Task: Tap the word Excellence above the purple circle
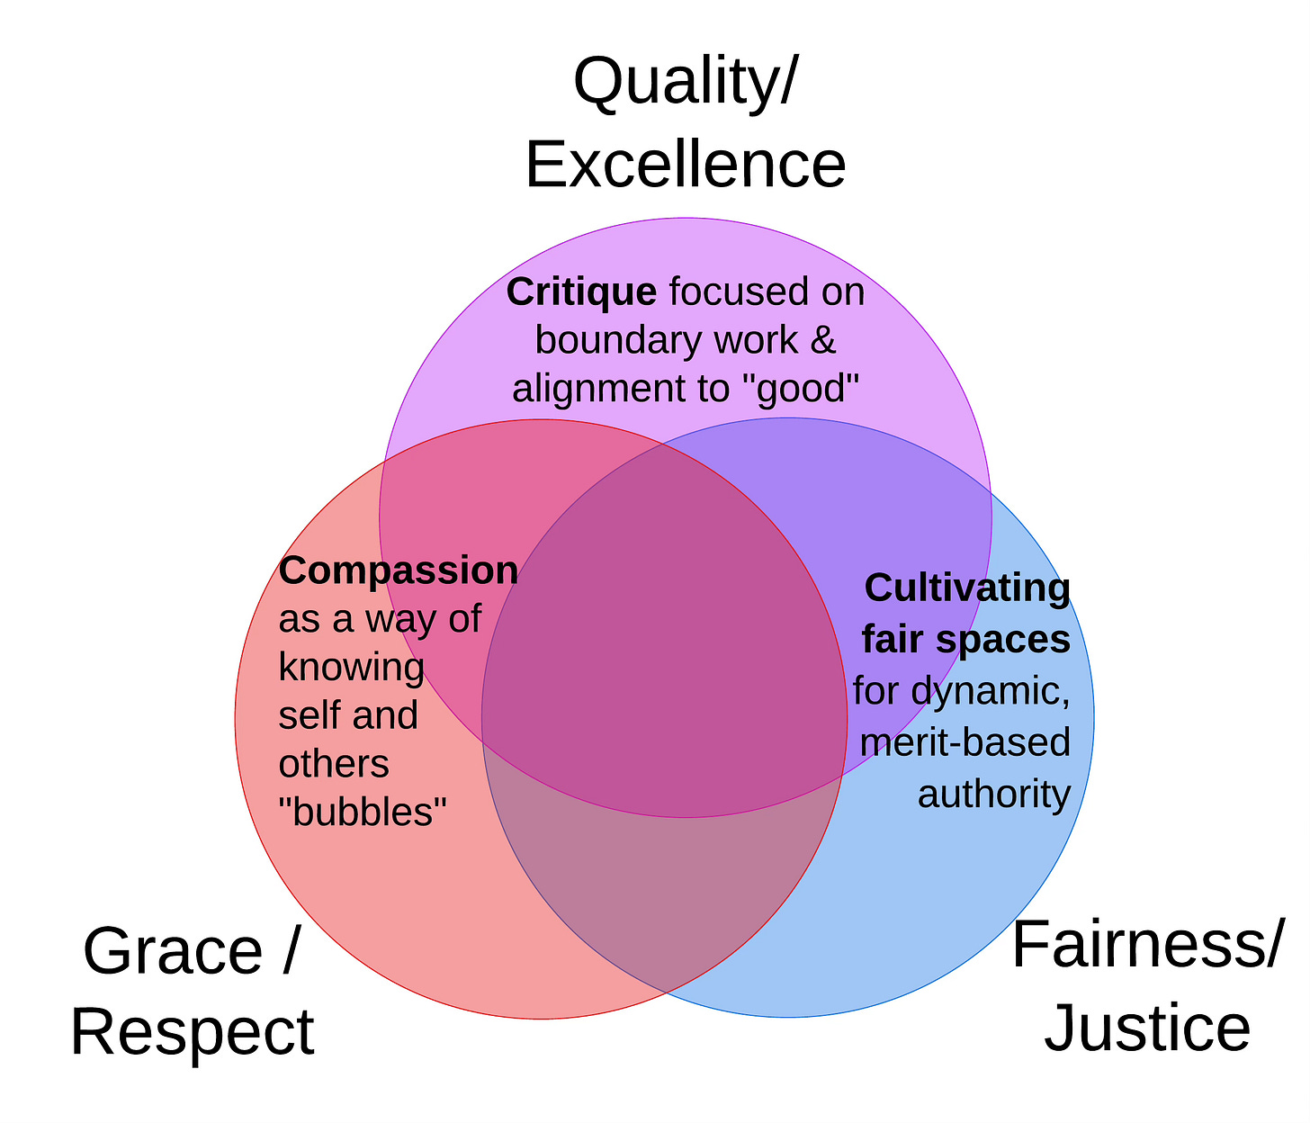[x=686, y=164]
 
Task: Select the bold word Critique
[x=581, y=292]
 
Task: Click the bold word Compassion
[x=399, y=570]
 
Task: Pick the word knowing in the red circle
[x=352, y=668]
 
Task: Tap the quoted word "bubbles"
[x=363, y=813]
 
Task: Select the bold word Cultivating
[x=967, y=588]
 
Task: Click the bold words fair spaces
[x=965, y=639]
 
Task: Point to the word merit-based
[x=965, y=742]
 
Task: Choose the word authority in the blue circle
[x=993, y=794]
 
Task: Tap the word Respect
[x=193, y=1032]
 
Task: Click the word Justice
[x=1147, y=1028]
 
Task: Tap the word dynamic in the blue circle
[x=990, y=691]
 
